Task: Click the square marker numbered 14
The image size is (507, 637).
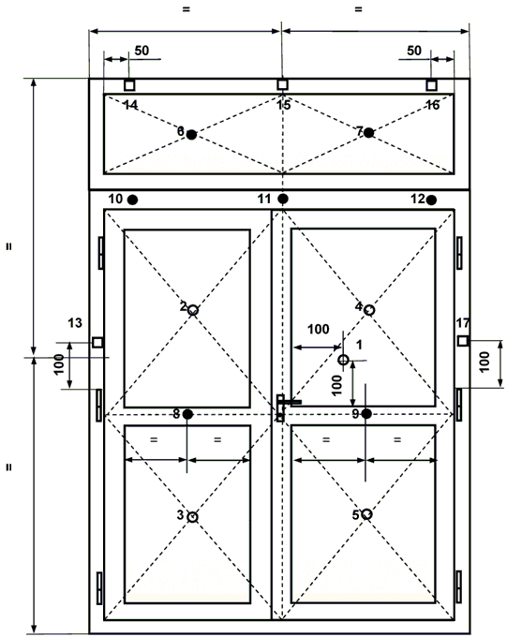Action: tap(129, 85)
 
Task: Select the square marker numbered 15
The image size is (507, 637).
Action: tap(283, 84)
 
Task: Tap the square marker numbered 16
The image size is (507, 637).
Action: tap(431, 85)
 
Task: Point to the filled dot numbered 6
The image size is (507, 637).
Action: tap(191, 134)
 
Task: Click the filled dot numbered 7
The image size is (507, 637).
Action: tap(368, 132)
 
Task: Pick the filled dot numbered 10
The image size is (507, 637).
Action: tap(132, 200)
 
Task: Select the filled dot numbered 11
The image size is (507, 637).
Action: tap(283, 199)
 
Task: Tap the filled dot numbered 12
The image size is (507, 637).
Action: tap(431, 200)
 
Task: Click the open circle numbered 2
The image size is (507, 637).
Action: tap(193, 310)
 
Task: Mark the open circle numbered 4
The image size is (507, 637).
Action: tap(368, 310)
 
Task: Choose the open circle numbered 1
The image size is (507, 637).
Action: tap(344, 360)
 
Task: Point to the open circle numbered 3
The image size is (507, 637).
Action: tap(193, 517)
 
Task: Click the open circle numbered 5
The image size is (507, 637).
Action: tap(366, 514)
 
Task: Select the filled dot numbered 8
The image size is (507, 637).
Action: tap(187, 414)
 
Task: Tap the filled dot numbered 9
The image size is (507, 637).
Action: tap(366, 413)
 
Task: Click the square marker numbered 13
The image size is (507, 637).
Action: tap(97, 343)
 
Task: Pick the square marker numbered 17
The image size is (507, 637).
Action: tap(463, 340)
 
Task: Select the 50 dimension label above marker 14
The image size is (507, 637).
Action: tap(142, 51)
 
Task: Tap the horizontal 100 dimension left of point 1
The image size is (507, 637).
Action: tap(318, 329)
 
